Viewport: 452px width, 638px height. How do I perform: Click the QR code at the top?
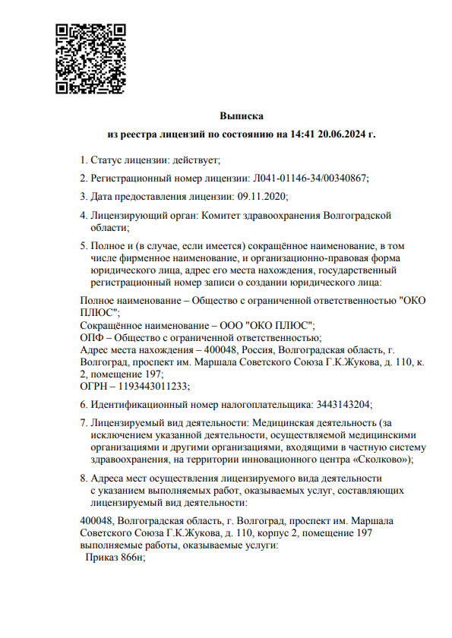90,58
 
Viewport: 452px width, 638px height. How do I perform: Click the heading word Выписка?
241,117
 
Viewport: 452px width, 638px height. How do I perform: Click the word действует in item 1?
195,159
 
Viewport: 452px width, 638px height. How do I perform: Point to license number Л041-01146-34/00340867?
309,178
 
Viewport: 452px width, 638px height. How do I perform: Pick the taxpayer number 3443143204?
342,404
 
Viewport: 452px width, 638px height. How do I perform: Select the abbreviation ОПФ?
91,336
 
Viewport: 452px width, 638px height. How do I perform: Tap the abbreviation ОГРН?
94,386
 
